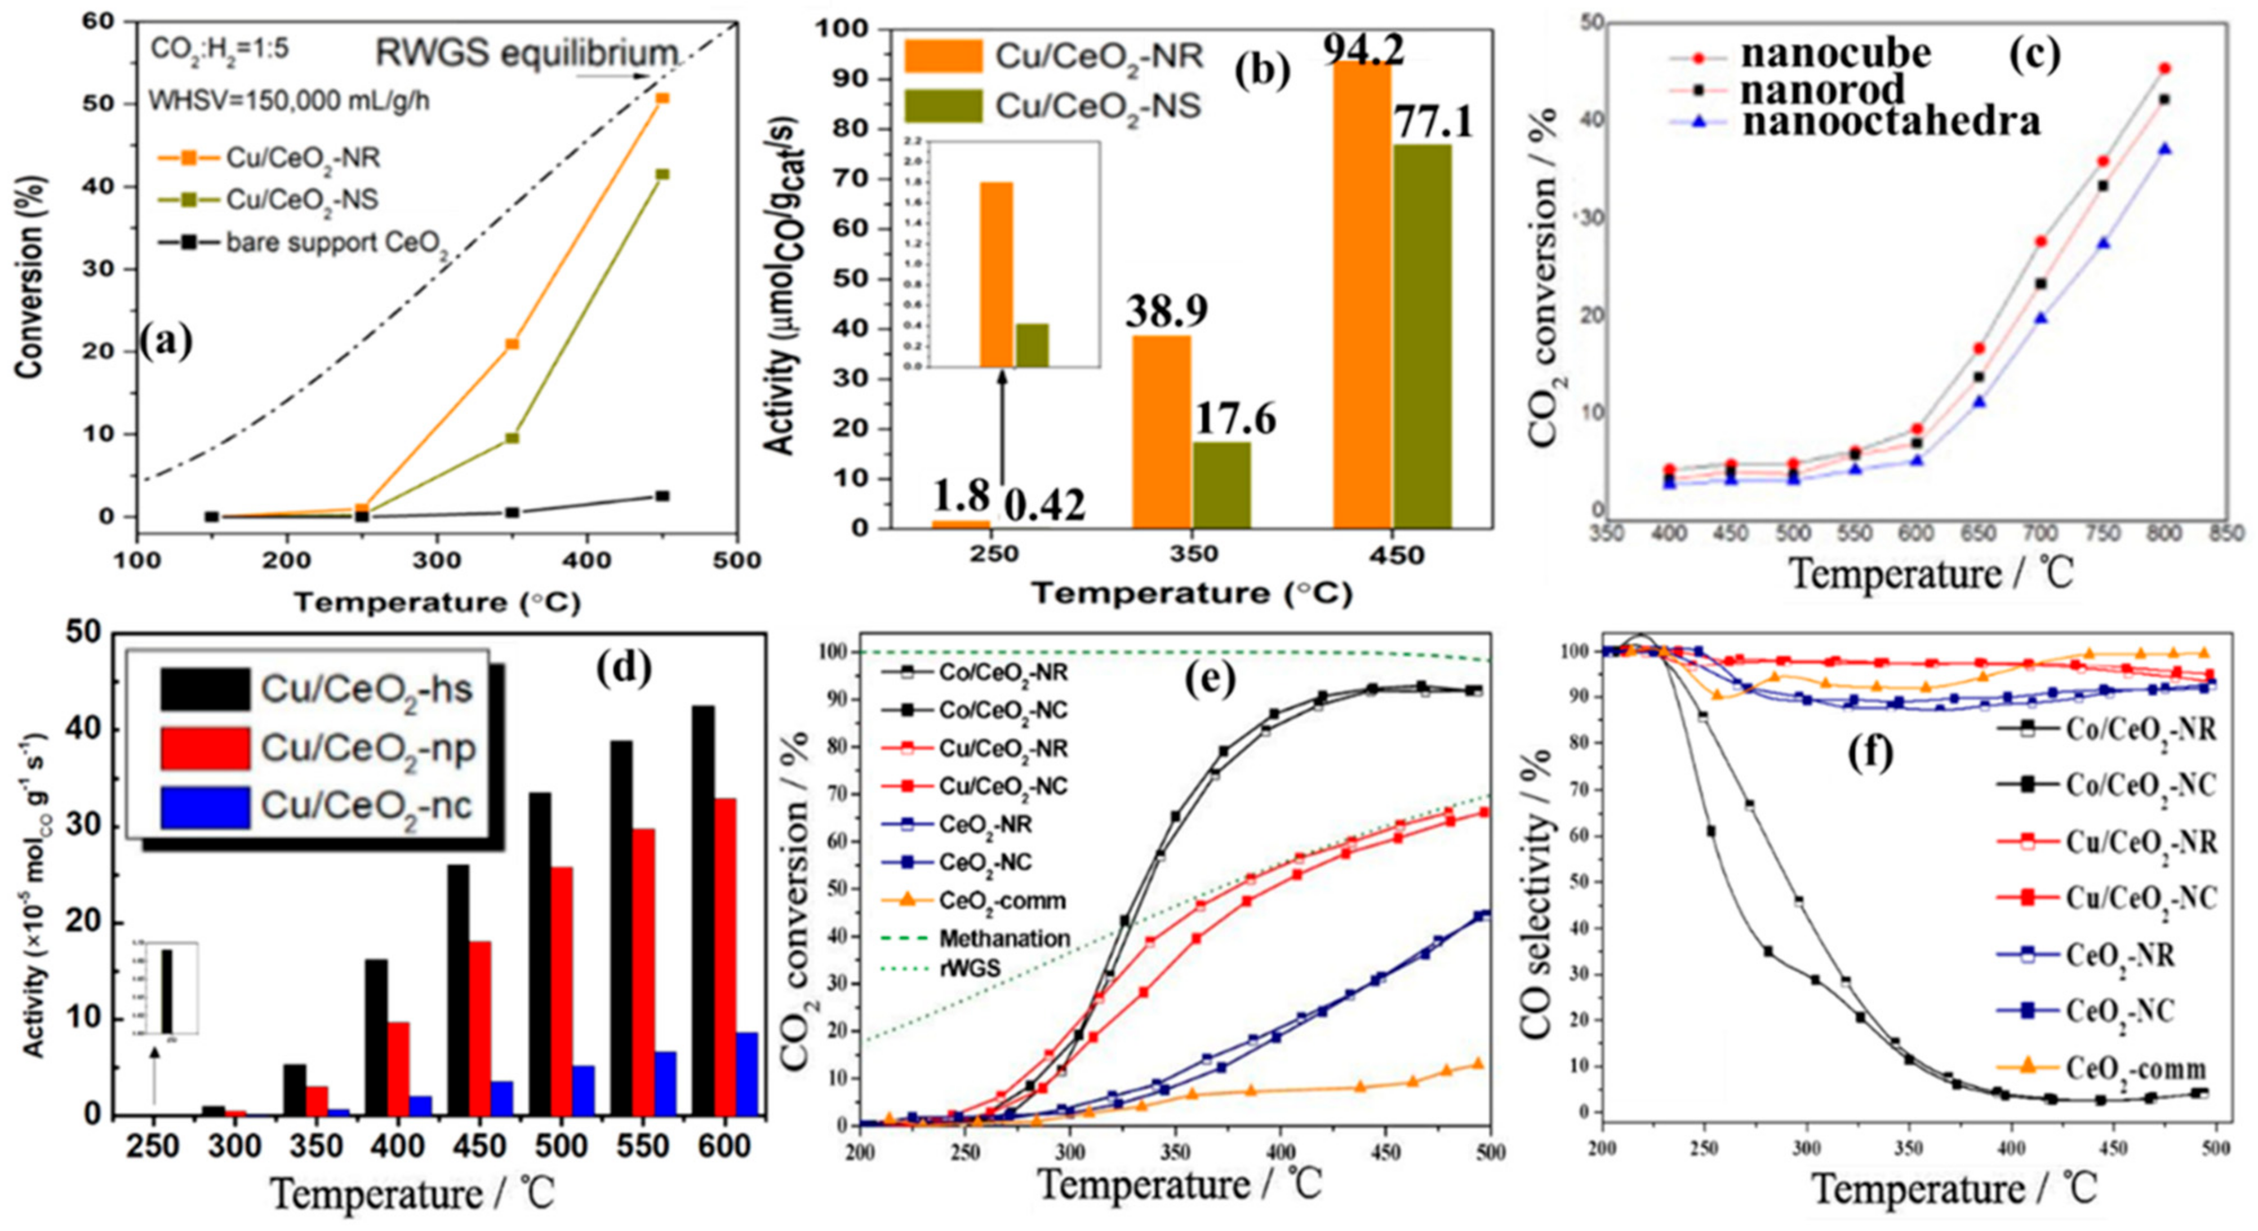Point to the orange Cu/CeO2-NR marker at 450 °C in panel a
point(662,98)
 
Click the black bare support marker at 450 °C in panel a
point(662,496)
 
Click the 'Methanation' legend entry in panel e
point(1004,938)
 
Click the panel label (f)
point(1866,752)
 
